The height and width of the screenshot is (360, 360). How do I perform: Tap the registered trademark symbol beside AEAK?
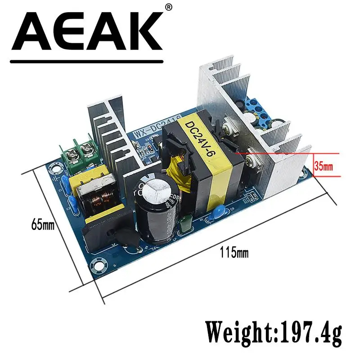(x=169, y=7)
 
